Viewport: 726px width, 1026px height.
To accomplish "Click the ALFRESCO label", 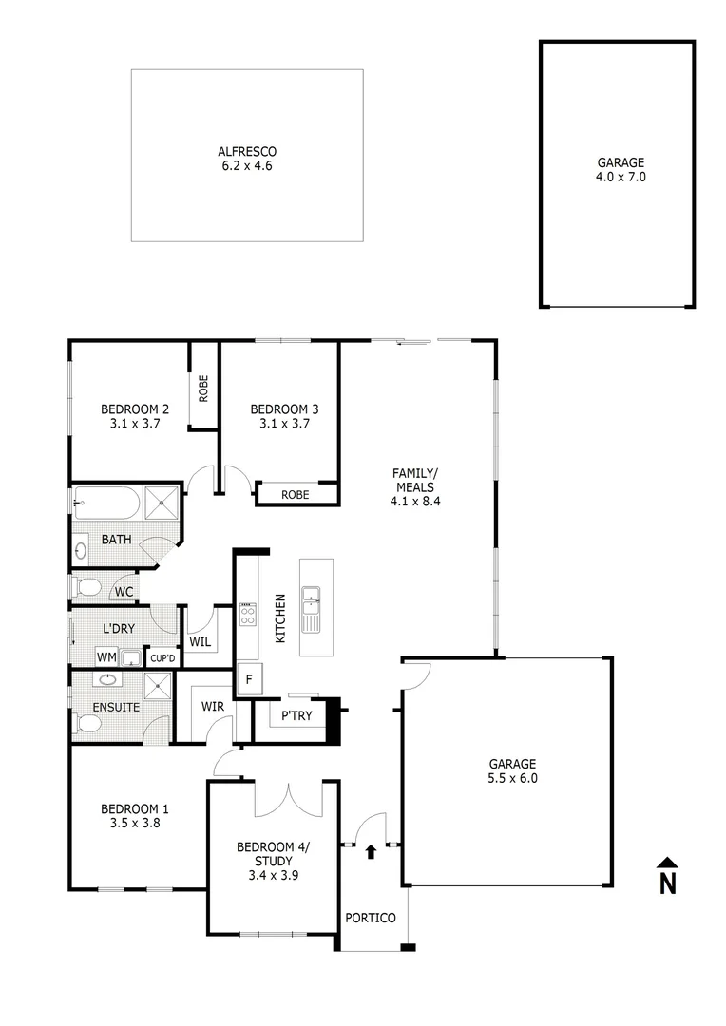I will click(247, 151).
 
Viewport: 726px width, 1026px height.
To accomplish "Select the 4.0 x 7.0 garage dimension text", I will click(621, 177).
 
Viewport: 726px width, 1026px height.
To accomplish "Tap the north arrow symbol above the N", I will click(668, 862).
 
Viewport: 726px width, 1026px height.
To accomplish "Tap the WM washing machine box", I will click(106, 657).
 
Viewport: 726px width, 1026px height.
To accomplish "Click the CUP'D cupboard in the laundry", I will click(162, 657).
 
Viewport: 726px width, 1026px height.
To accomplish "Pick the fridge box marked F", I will click(249, 680).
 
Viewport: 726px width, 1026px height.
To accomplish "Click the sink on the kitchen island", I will click(310, 609).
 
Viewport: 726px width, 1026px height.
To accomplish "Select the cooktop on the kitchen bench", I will click(247, 614).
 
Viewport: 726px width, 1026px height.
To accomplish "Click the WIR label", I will click(212, 707).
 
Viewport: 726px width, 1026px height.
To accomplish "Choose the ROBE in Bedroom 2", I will click(203, 388).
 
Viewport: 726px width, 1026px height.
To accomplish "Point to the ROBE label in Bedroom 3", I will click(296, 495).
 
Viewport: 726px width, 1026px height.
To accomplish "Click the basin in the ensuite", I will click(106, 679).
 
